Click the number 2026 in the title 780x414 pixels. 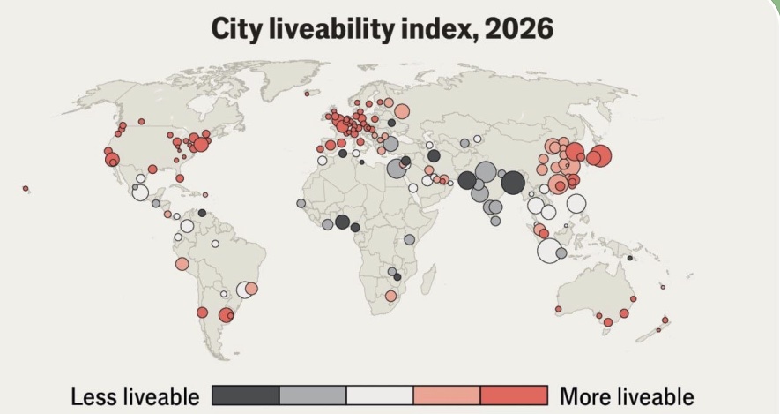518,28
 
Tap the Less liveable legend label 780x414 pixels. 135,397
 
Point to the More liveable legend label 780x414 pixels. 627,397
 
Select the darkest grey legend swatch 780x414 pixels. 246,395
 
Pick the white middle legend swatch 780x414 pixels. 380,395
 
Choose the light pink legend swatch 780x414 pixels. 447,395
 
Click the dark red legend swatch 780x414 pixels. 514,395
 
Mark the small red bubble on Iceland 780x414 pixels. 307,94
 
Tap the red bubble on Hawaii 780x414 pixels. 26,188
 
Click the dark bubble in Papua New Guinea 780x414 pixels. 630,258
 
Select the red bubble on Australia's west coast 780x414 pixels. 558,309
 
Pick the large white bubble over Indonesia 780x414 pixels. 549,251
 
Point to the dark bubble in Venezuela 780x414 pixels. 202,213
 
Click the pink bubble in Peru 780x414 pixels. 182,264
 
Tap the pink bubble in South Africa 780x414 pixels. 391,297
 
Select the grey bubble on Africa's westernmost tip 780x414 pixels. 301,203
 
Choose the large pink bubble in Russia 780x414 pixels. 402,111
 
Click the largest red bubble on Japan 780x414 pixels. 600,155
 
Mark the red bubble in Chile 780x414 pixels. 202,312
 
